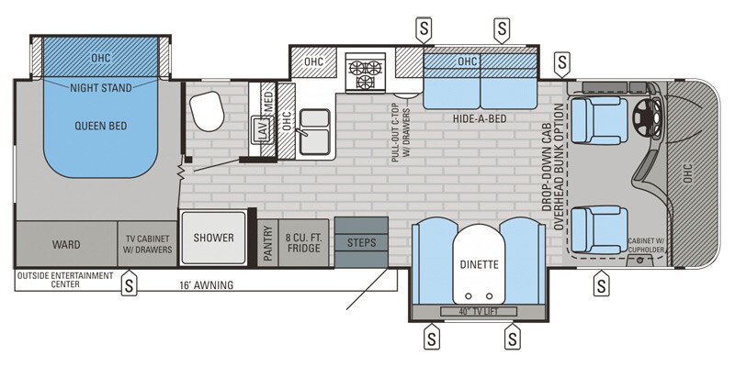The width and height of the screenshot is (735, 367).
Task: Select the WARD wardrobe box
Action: (65, 245)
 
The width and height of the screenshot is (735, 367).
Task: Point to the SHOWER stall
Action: (214, 238)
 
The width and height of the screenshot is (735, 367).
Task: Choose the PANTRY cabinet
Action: (267, 244)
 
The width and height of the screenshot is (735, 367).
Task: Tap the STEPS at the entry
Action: (361, 242)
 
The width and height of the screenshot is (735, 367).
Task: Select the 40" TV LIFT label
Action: (477, 312)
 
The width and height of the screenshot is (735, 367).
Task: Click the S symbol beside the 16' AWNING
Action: (130, 285)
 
